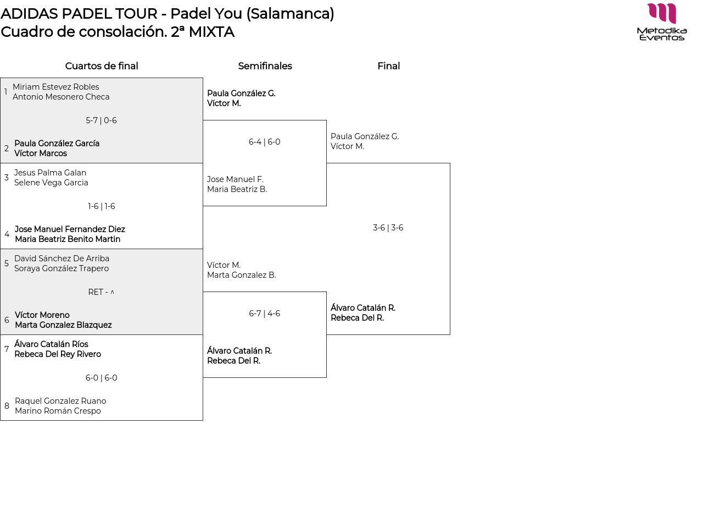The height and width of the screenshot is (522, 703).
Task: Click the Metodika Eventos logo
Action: coord(662,22)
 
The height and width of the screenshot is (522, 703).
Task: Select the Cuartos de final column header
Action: coord(102,66)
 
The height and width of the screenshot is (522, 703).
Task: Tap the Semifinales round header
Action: coord(265,66)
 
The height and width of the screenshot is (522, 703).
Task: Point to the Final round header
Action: coord(388,66)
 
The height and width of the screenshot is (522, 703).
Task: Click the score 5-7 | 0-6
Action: coord(101,120)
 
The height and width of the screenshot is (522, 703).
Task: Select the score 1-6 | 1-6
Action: coord(102,206)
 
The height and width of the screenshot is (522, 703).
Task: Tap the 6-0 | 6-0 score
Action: coord(101,378)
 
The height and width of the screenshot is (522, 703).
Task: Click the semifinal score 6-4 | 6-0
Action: coord(264,142)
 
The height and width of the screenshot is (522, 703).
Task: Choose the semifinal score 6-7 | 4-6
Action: coord(264,314)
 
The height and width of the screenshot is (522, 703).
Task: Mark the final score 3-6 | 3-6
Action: coord(388,228)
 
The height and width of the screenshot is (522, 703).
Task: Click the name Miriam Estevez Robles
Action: coord(56,87)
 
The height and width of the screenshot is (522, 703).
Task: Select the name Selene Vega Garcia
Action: coord(51,183)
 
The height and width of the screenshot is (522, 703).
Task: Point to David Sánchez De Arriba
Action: coord(62,259)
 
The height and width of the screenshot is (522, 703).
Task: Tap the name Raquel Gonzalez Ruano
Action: coord(60,401)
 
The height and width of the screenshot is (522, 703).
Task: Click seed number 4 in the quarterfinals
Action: coord(7,234)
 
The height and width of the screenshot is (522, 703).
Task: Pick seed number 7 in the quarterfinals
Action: coord(7,349)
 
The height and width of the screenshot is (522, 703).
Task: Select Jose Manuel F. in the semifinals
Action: coord(235,179)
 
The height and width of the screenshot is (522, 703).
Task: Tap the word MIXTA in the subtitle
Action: coord(211,32)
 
